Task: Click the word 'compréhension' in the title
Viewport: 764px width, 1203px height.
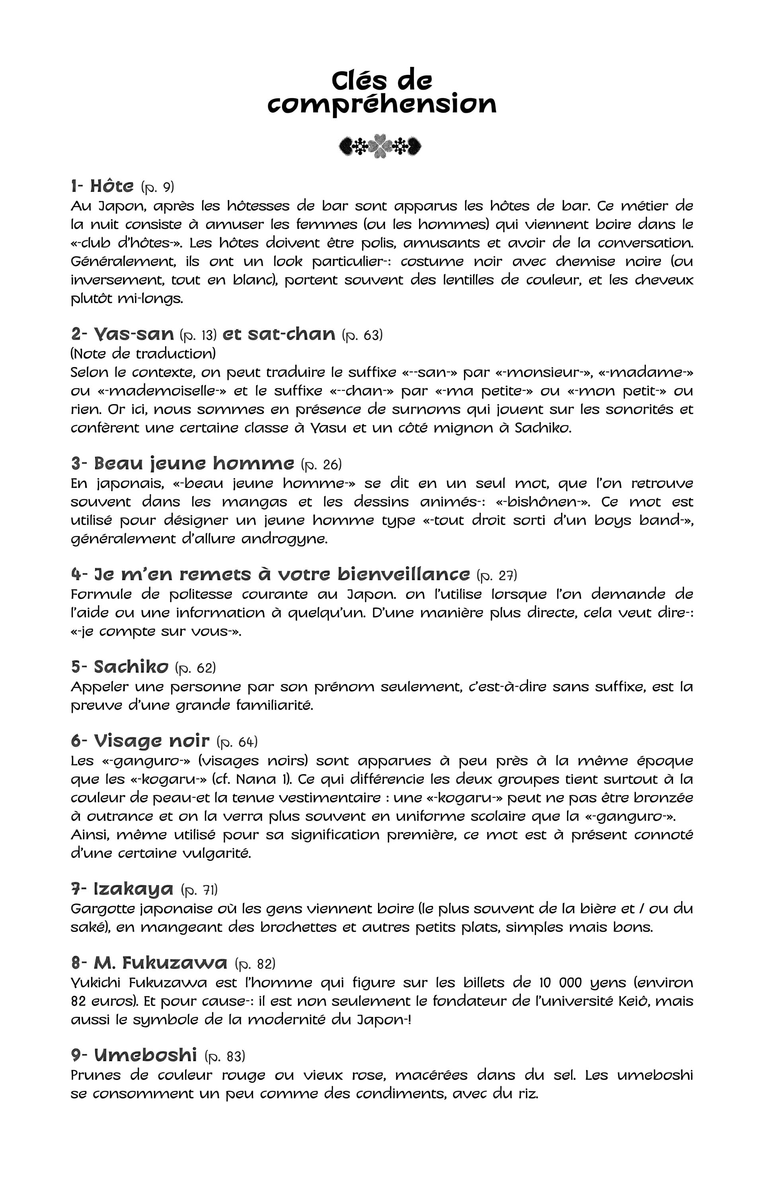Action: point(382,104)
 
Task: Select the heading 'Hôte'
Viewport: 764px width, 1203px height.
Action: point(112,186)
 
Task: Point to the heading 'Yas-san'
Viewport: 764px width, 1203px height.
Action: point(134,334)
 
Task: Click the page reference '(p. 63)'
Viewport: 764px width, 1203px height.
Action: point(362,335)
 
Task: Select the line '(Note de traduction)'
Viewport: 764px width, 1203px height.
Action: point(143,353)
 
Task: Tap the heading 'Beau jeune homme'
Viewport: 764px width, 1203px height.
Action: point(194,464)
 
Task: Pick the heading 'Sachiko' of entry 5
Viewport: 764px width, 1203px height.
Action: point(131,667)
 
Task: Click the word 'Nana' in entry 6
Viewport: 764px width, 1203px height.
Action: point(256,779)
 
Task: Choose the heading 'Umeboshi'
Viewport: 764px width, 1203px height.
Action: point(145,1055)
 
